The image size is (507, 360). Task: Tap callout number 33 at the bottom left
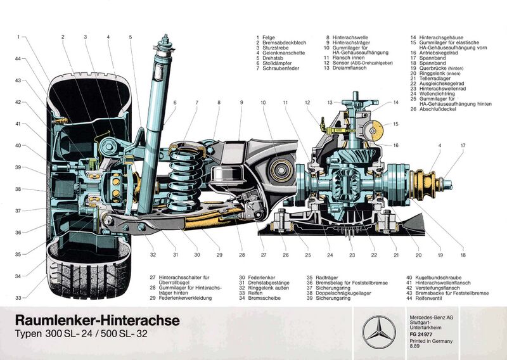pyautogui.click(x=18, y=298)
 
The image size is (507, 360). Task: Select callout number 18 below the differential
pyautogui.click(x=463, y=255)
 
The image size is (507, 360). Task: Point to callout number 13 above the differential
pyautogui.click(x=330, y=102)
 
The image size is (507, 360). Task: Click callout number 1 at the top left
pyautogui.click(x=19, y=37)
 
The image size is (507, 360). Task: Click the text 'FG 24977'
pyautogui.click(x=421, y=333)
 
